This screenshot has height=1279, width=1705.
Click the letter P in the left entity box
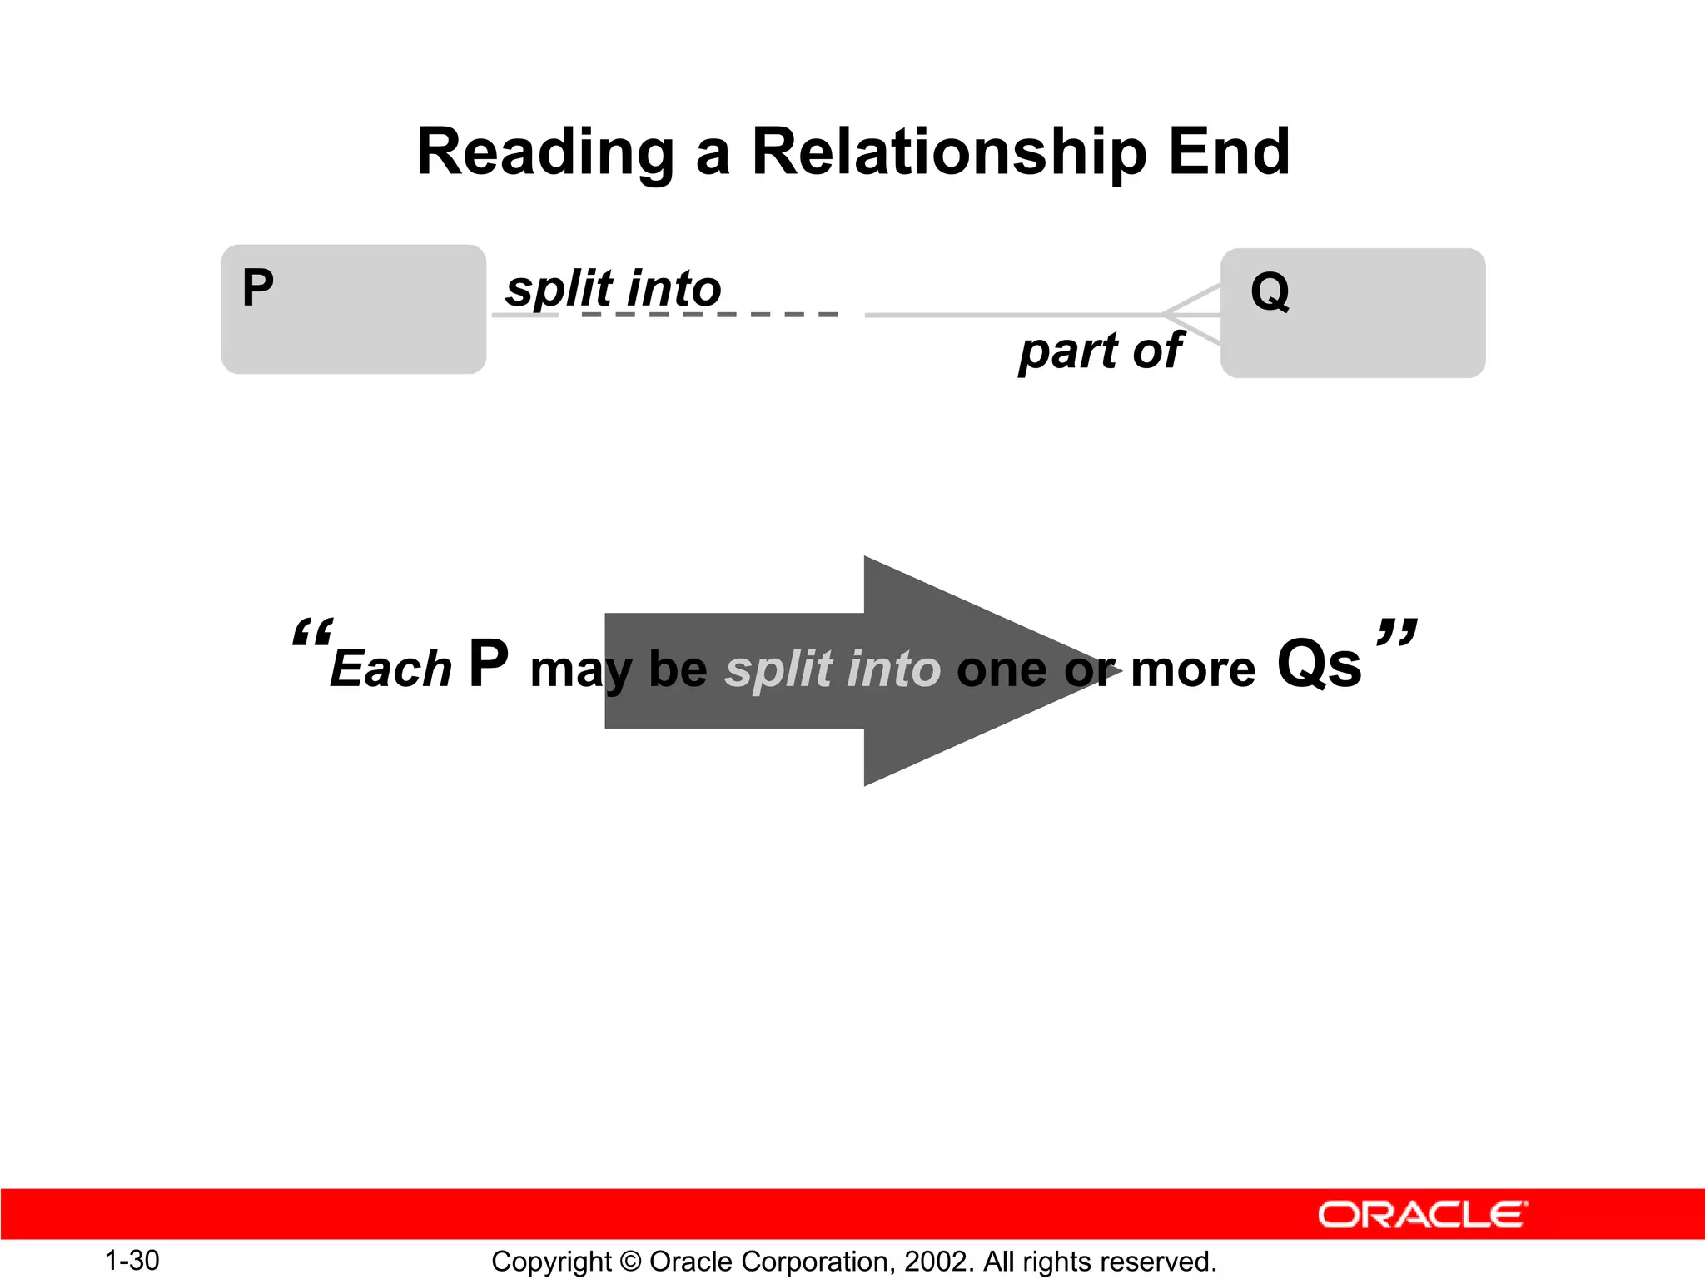click(x=257, y=288)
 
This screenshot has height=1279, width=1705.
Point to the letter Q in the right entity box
click(x=1270, y=292)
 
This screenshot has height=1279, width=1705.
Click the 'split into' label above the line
click(x=614, y=289)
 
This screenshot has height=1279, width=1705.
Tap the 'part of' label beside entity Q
click(x=1100, y=351)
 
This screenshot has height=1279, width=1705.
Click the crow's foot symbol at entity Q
click(x=1192, y=315)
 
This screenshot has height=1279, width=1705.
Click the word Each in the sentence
click(x=390, y=669)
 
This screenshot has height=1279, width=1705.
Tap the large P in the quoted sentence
click(x=488, y=664)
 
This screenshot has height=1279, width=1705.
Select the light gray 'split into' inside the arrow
click(x=833, y=669)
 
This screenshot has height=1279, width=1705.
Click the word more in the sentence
click(x=1192, y=669)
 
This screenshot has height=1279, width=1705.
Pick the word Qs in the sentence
click(x=1319, y=664)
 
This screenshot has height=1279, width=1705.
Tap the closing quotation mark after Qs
click(x=1396, y=631)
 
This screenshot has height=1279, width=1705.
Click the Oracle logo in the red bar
click(x=1422, y=1215)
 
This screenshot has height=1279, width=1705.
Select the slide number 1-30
click(x=132, y=1261)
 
